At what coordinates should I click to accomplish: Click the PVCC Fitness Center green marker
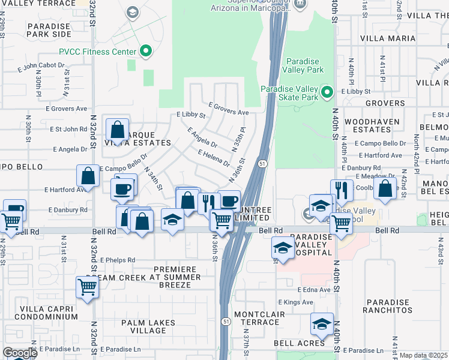click(145, 52)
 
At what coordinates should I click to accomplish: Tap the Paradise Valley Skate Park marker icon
click(326, 92)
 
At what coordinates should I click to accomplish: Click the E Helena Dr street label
click(214, 158)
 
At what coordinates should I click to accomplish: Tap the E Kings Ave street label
click(296, 302)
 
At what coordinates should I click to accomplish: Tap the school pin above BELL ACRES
click(322, 325)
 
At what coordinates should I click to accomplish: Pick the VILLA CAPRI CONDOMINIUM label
click(40, 312)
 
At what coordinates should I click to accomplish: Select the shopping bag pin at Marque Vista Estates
click(118, 129)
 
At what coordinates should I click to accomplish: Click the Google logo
click(20, 353)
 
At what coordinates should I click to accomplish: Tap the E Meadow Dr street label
click(374, 176)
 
